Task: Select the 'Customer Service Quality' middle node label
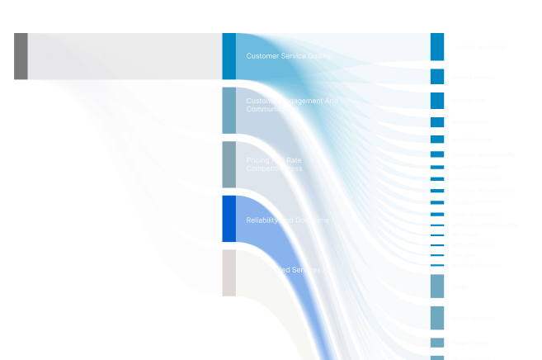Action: click(x=289, y=56)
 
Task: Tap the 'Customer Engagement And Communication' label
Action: click(x=292, y=105)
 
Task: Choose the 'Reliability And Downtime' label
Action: click(x=287, y=220)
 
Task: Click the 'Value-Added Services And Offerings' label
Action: click(x=291, y=273)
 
